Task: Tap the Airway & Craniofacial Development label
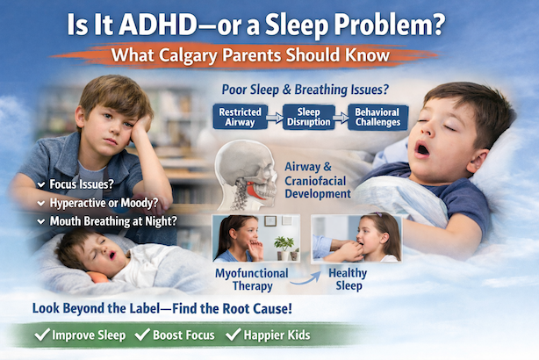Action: click(323, 173)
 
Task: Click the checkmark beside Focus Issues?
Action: click(41, 184)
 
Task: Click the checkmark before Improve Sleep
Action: click(40, 335)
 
